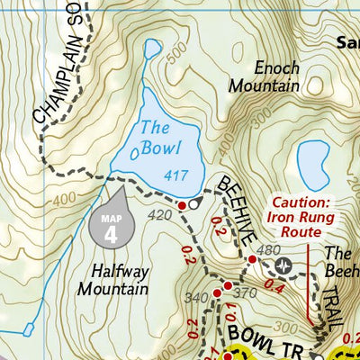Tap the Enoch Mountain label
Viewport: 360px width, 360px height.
pos(263,76)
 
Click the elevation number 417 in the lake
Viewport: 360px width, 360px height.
pos(175,175)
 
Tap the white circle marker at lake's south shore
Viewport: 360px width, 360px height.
pos(194,205)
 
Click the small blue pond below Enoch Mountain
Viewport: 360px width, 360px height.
pos(312,163)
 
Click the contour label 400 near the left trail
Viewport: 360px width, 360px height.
pos(65,198)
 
